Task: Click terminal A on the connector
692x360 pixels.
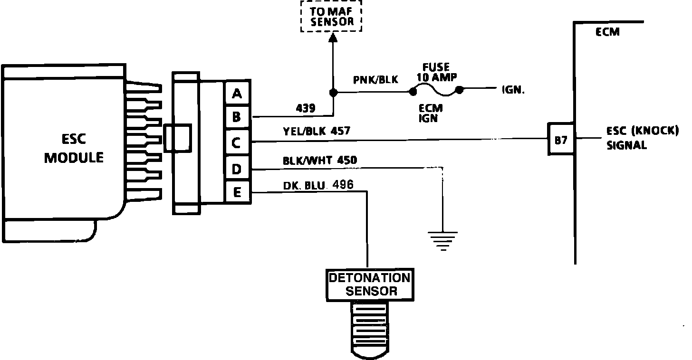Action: [237, 94]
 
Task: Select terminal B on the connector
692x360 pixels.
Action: [237, 116]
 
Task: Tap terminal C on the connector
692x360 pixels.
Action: [237, 142]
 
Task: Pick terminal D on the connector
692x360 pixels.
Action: [237, 168]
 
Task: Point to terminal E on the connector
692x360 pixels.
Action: [237, 192]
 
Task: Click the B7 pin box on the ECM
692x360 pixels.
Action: [561, 140]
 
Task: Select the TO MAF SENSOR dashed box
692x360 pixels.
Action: [331, 16]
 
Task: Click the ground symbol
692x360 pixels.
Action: [442, 240]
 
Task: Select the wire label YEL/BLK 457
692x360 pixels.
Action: [316, 131]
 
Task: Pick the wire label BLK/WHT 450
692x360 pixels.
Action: [319, 161]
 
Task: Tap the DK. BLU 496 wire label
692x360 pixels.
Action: [318, 185]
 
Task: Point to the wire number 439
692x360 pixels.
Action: [305, 108]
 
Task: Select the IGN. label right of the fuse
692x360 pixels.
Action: [513, 89]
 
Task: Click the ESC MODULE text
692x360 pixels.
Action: [74, 148]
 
